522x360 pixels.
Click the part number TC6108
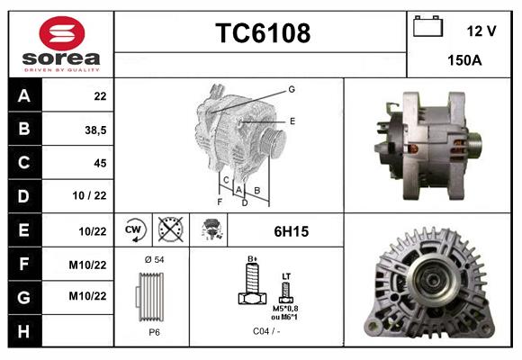coord(263,33)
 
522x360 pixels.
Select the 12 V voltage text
coord(481,31)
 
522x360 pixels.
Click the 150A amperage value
coord(464,60)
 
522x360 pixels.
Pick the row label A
coord(23,95)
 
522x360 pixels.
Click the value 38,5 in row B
coord(94,130)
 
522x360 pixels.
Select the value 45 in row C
coord(99,163)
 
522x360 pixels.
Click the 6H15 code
coord(291,231)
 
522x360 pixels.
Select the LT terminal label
coord(286,275)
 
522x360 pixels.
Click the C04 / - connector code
coord(265,331)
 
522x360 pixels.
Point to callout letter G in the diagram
coord(292,89)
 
